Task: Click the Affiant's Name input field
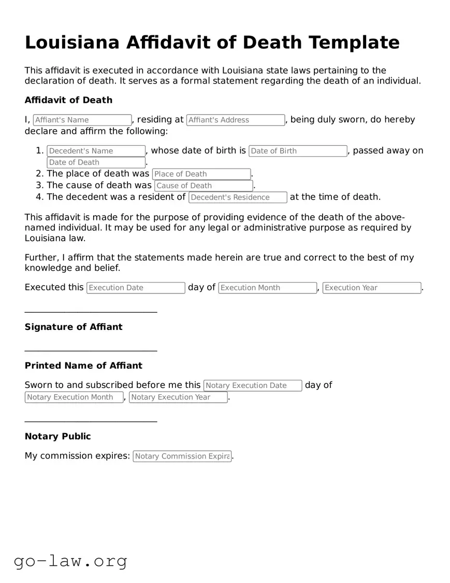tap(82, 120)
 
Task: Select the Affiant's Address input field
tap(236, 120)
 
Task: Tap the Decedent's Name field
tap(96, 151)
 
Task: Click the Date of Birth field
tap(298, 151)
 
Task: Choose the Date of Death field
tap(96, 162)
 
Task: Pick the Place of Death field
tap(201, 174)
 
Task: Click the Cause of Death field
tap(204, 186)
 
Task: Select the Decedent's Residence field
tap(238, 197)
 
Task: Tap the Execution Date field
tap(136, 288)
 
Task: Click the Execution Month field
tap(267, 288)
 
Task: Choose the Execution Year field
tap(371, 288)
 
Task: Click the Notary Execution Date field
tap(253, 385)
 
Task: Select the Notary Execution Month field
tap(74, 397)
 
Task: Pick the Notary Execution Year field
tap(178, 397)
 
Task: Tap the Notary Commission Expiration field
tap(182, 456)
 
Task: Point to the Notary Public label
tap(57, 437)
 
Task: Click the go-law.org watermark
tap(70, 561)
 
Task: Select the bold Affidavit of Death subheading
tap(68, 100)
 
